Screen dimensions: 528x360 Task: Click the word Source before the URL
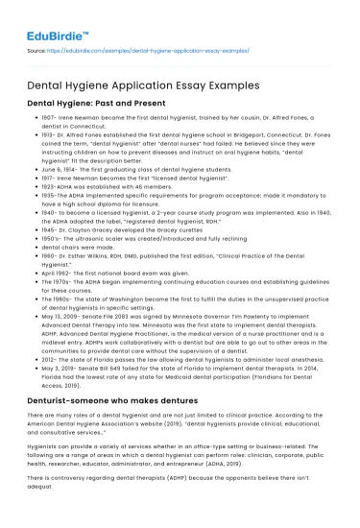36,45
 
